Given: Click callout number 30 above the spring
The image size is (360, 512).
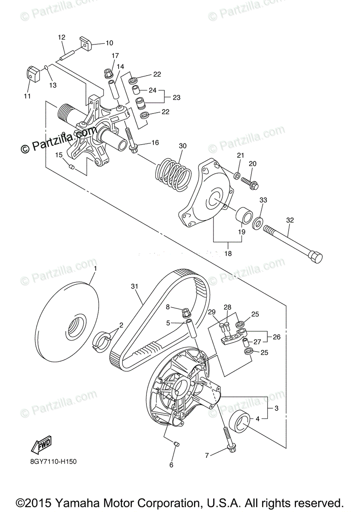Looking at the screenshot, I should click(183, 146).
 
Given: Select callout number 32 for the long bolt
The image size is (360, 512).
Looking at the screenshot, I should click(290, 221).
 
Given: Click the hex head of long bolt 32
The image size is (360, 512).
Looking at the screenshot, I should click(315, 258).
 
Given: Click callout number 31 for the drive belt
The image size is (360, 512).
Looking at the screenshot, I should click(135, 286).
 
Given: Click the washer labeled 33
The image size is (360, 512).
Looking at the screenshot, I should click(258, 223).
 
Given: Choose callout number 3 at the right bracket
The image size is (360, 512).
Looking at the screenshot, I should click(276, 408).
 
